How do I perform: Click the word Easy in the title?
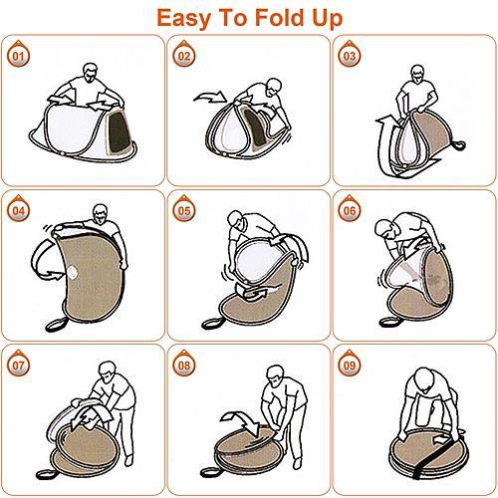(183, 19)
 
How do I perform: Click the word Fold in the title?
(280, 17)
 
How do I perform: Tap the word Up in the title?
(327, 19)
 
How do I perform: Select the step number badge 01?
(18, 54)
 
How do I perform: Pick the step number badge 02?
(184, 54)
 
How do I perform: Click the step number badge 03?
(350, 54)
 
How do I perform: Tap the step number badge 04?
(18, 209)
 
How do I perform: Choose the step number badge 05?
(184, 209)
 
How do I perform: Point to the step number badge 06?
(350, 209)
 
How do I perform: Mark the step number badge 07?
(18, 364)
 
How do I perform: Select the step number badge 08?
(184, 364)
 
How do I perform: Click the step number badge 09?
(350, 364)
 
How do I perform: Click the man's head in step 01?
(91, 73)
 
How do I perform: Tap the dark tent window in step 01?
(119, 132)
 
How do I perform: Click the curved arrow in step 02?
(211, 97)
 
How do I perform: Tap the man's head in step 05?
(237, 220)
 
